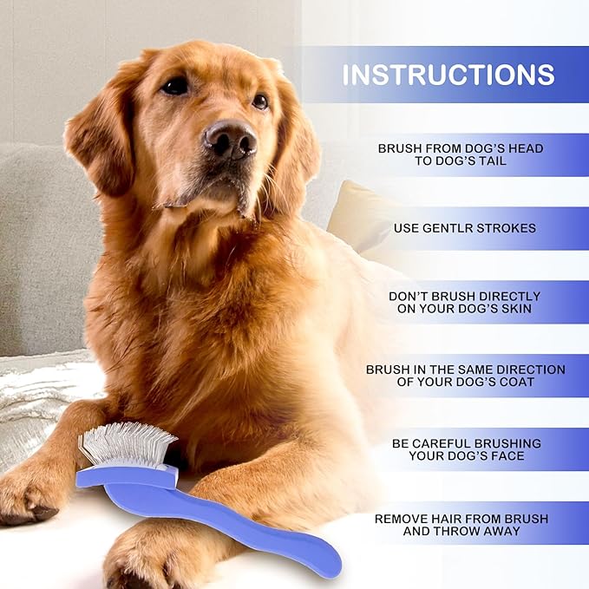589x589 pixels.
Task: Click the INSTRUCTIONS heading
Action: pyautogui.click(x=448, y=75)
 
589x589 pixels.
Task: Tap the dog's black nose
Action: pyautogui.click(x=231, y=139)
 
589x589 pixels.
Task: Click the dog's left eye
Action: pyautogui.click(x=176, y=86)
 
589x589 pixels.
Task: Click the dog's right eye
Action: pyautogui.click(x=259, y=101)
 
